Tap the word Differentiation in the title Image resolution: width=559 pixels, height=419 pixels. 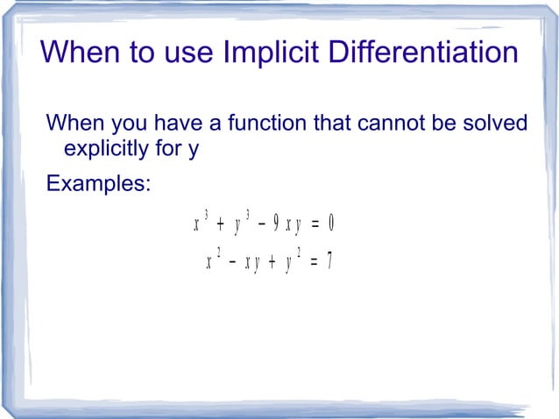(425, 53)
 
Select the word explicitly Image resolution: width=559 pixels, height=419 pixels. (117, 148)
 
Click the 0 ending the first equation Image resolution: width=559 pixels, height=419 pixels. (330, 224)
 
